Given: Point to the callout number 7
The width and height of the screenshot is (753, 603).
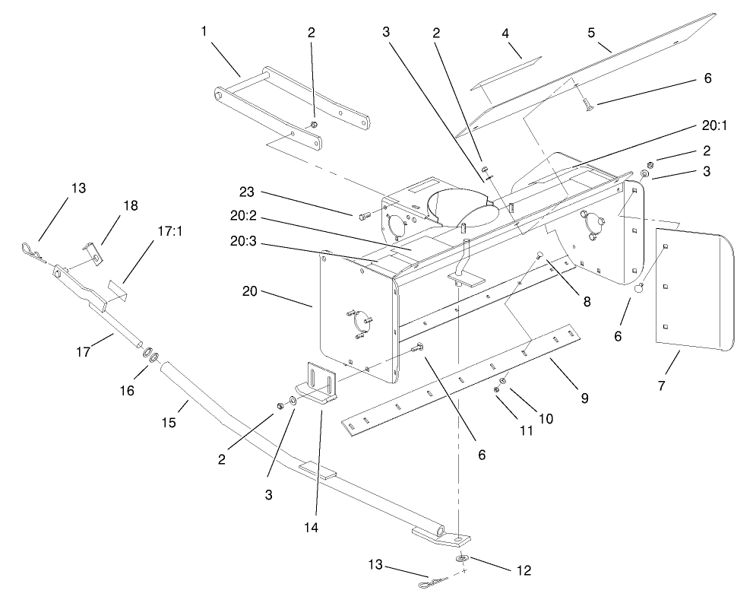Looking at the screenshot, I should tap(661, 386).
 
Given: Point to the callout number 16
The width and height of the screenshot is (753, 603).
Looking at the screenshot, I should tap(126, 390).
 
